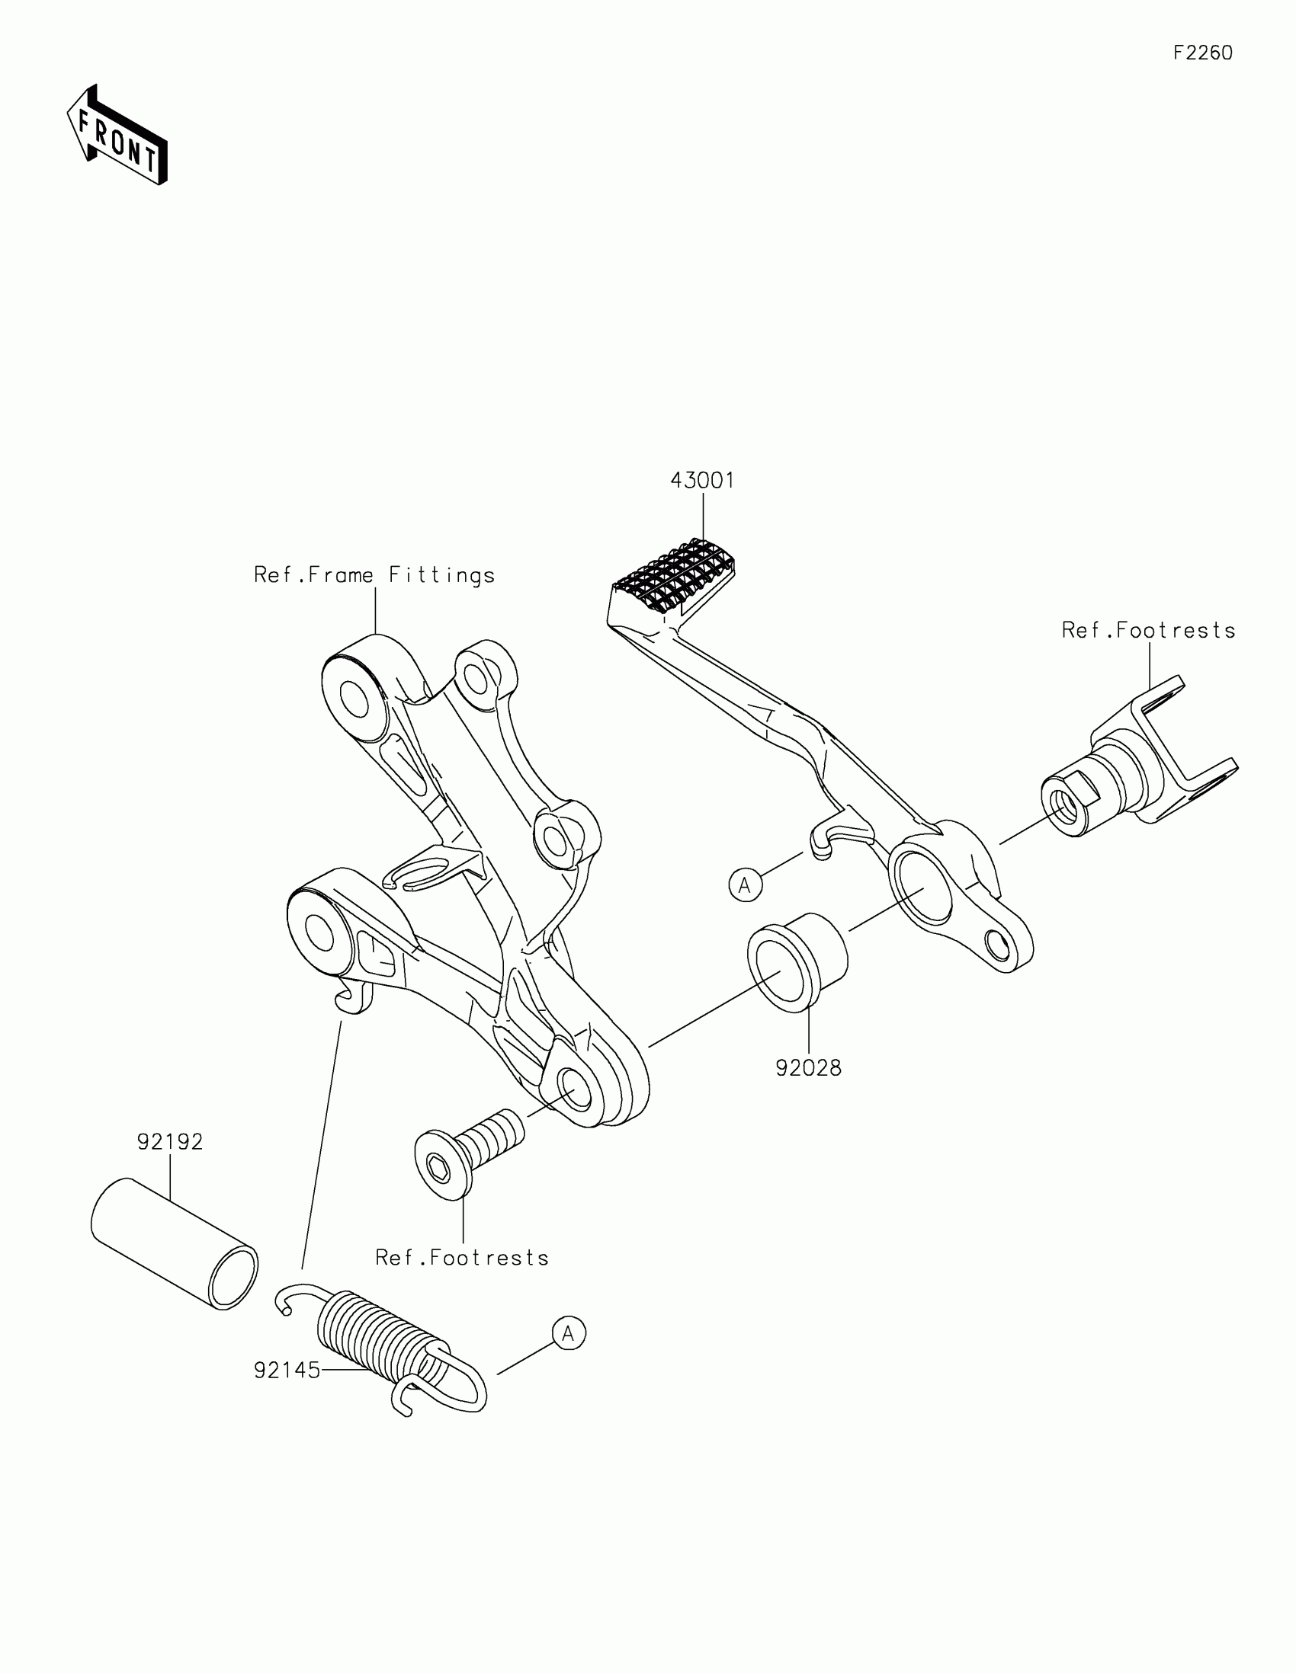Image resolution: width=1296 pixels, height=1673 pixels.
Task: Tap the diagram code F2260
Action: tap(1202, 53)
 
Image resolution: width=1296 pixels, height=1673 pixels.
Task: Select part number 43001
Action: tap(702, 480)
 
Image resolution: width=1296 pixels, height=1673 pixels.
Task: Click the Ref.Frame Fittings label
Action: tap(374, 575)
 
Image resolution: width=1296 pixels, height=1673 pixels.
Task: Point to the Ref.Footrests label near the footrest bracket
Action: tap(1148, 631)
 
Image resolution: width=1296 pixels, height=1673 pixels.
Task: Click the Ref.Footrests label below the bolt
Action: tap(462, 1258)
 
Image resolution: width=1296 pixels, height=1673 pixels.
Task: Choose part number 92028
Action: tap(809, 1068)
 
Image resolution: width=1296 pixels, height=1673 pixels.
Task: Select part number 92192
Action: tap(170, 1142)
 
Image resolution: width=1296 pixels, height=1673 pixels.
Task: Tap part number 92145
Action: tap(287, 1371)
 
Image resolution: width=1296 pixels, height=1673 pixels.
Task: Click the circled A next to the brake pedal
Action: tap(745, 885)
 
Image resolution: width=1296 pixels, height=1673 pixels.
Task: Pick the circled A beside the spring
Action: tap(569, 1334)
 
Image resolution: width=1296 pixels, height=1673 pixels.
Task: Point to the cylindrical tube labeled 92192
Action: tap(175, 1244)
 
